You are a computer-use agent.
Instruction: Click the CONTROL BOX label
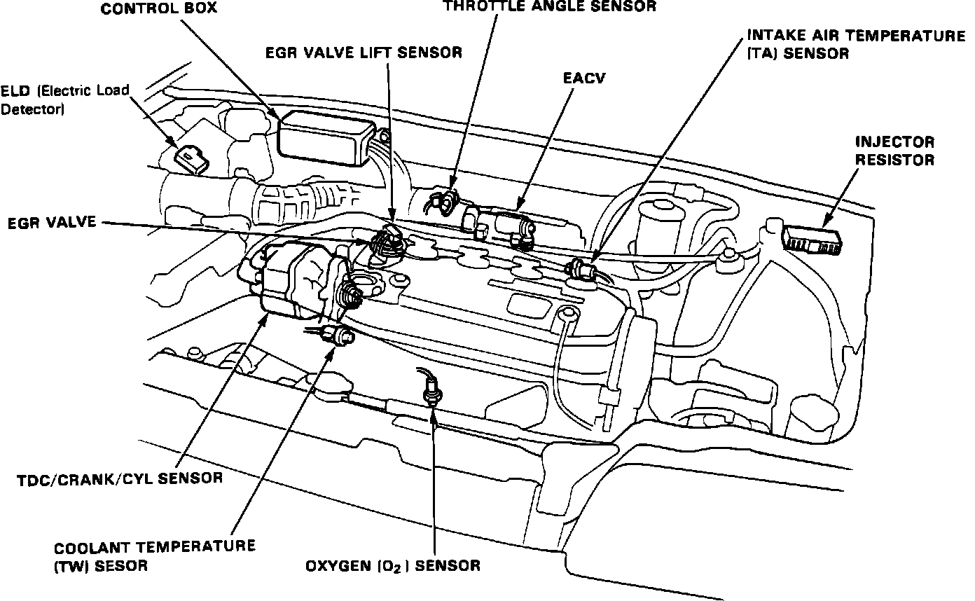click(159, 9)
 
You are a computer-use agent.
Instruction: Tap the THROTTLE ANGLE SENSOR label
click(550, 6)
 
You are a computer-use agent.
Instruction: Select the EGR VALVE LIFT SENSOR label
click(364, 53)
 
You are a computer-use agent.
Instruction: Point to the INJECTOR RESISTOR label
click(894, 151)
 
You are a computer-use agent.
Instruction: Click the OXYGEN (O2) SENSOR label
click(392, 566)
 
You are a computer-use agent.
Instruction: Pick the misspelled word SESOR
click(121, 566)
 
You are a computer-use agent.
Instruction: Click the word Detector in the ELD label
click(32, 110)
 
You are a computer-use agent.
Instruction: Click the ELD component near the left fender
click(191, 160)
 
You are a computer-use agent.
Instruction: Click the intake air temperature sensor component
click(581, 268)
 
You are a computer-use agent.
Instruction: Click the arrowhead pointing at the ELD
click(174, 144)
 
